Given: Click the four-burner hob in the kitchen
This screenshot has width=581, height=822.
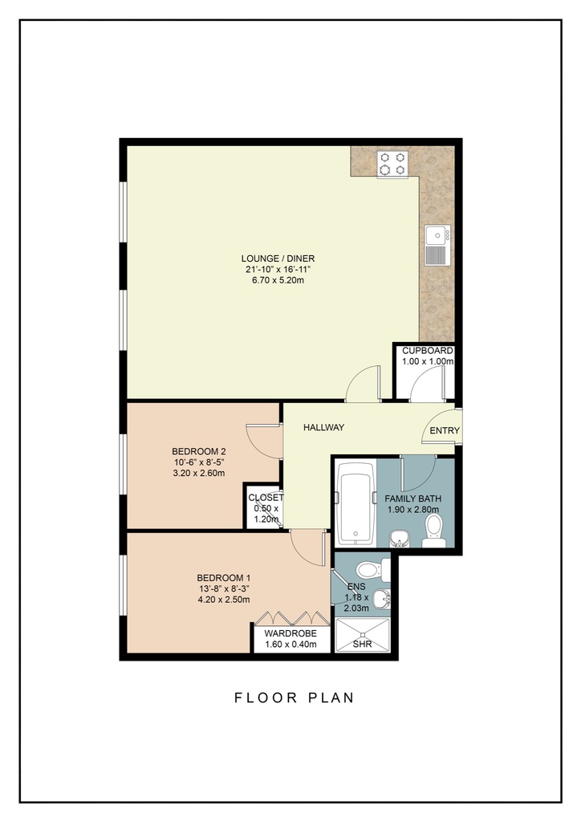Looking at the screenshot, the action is coord(393,164).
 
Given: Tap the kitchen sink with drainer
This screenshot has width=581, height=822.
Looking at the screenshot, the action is coord(437,246).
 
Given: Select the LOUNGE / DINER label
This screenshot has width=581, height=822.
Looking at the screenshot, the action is coord(278,258).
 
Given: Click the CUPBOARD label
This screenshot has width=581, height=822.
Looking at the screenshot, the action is coord(427,351).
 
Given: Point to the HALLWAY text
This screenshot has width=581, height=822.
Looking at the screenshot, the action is coord(323,427).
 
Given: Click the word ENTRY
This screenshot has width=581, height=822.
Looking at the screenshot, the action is coord(445,431).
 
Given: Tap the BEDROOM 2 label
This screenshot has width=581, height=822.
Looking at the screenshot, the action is coord(198,451).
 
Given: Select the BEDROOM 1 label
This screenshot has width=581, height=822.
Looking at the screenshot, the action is coord(224,578).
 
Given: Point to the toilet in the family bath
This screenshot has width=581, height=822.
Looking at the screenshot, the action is coord(434,531).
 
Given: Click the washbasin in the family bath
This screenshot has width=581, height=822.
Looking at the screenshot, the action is coord(399,539).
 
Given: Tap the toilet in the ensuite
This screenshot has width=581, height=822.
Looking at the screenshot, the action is coord(372,570).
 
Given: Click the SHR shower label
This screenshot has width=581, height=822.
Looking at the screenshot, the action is coord(362,644).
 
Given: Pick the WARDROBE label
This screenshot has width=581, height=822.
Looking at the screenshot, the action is coord(290,633).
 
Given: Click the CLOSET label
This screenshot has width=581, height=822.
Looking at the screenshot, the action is coord(266,498).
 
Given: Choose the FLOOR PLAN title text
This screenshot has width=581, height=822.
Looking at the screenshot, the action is coord(295,698).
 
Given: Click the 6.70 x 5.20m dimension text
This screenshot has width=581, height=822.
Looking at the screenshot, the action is coord(278,280).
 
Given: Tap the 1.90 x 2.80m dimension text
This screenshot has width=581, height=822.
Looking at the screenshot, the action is coord(412,510).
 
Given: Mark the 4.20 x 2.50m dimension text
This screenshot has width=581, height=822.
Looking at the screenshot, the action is coord(224,600).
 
